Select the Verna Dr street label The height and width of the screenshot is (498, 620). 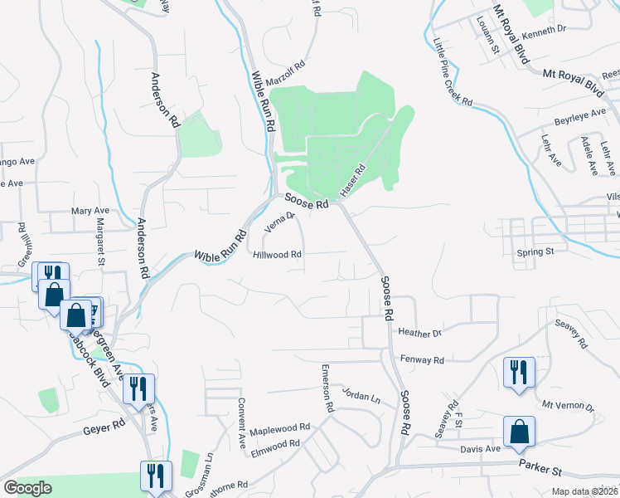pyautogui.click(x=279, y=222)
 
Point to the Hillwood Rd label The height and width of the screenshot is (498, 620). pyautogui.click(x=277, y=256)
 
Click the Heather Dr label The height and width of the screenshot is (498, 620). pyautogui.click(x=420, y=333)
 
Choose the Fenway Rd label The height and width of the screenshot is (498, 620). pyautogui.click(x=422, y=360)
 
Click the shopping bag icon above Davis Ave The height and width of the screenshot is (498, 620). pyautogui.click(x=519, y=432)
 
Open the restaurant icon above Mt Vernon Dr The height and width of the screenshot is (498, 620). pyautogui.click(x=519, y=371)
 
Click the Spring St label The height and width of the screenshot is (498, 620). pyautogui.click(x=535, y=251)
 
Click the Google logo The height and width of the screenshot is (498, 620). pyautogui.click(x=27, y=488)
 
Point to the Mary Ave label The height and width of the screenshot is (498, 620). pyautogui.click(x=90, y=212)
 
